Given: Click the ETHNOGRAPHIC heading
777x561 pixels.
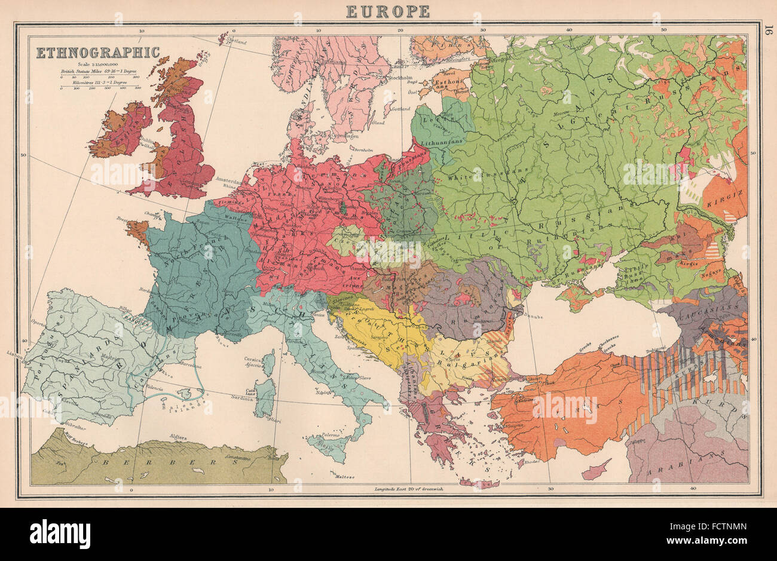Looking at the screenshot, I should click(x=97, y=53).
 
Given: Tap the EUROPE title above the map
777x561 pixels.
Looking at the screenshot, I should click(x=388, y=10).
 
